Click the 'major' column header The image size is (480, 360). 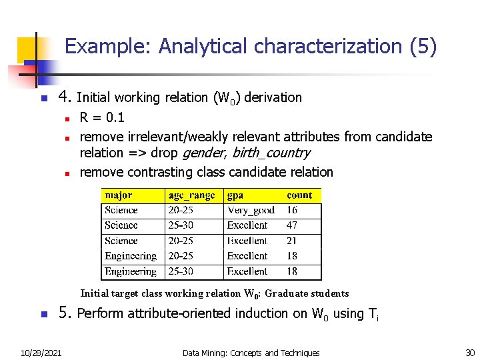119,195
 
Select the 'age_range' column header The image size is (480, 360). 192,195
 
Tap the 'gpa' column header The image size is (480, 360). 235,195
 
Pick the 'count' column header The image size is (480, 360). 299,195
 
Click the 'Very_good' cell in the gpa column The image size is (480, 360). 250,210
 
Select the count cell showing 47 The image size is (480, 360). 292,225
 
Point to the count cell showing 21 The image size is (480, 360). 292,241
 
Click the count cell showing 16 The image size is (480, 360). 292,210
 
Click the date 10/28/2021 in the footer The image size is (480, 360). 41,353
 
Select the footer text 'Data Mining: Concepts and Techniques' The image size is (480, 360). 251,353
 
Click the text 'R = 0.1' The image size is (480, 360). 102,118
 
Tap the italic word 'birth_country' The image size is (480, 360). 271,153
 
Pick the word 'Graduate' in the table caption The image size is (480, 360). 288,293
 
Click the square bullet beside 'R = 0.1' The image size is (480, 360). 68,119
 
